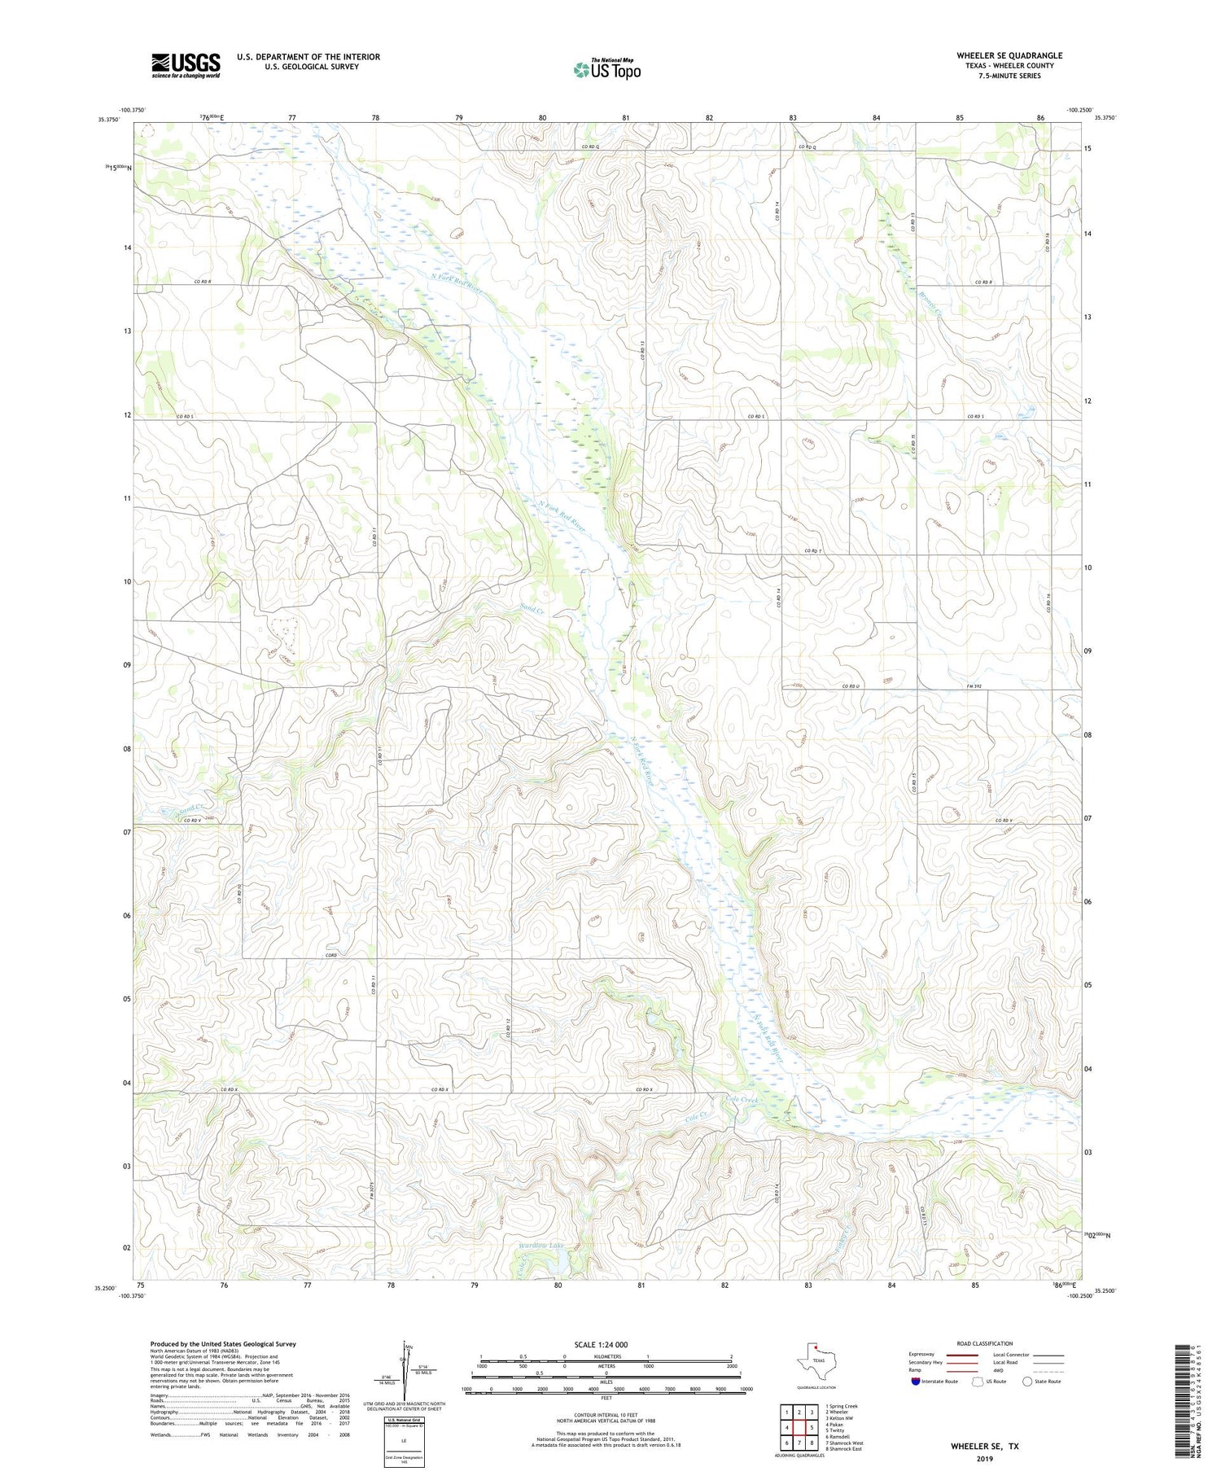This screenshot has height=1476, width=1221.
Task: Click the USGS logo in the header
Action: pos(186,65)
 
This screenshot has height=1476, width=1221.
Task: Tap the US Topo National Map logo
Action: pos(606,69)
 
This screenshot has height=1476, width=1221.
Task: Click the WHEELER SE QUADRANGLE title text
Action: pos(1009,55)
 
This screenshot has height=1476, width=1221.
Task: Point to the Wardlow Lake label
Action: pos(540,1245)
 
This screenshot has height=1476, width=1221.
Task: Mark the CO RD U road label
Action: pos(851,686)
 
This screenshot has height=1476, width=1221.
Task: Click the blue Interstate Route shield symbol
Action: pos(916,1382)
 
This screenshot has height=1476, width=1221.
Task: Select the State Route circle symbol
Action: pos(1027,1382)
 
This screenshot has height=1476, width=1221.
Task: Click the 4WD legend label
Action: pos(999,1372)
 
